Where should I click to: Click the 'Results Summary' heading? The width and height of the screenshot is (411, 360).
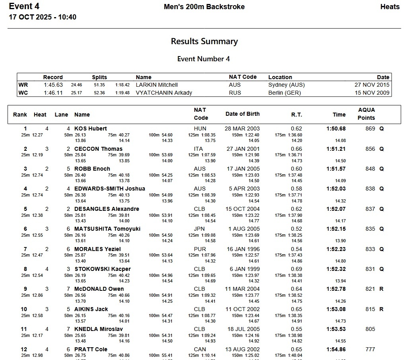point(204,41)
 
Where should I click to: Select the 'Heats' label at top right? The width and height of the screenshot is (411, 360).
point(390,7)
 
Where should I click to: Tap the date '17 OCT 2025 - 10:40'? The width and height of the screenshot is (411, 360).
point(43,17)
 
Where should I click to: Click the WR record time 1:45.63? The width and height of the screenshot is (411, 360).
point(53,85)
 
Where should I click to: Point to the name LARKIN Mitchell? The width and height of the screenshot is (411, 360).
point(157,85)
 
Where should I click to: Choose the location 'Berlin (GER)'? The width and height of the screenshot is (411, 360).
point(284,93)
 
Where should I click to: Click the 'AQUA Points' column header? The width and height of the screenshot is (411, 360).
point(366,114)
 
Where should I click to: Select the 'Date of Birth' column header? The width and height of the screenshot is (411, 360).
point(242,114)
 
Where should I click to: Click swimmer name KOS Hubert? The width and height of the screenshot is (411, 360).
point(91,128)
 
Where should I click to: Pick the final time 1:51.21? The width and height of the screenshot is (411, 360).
point(336,149)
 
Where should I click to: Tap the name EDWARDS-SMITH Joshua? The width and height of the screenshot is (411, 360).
point(110,189)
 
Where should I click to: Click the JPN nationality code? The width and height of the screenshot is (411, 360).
point(200,229)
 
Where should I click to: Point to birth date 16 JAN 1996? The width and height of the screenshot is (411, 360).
point(242,249)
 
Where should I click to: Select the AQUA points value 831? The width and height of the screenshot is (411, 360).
point(370,269)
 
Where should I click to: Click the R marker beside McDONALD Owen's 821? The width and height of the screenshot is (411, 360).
point(381,289)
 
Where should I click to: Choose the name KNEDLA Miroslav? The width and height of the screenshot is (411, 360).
point(99,329)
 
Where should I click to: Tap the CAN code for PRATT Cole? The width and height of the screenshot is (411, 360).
point(200,349)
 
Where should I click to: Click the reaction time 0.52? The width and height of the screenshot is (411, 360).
point(296,229)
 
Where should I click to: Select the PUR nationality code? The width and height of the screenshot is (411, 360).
point(200,249)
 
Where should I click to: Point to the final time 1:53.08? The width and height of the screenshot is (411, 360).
point(336,309)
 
